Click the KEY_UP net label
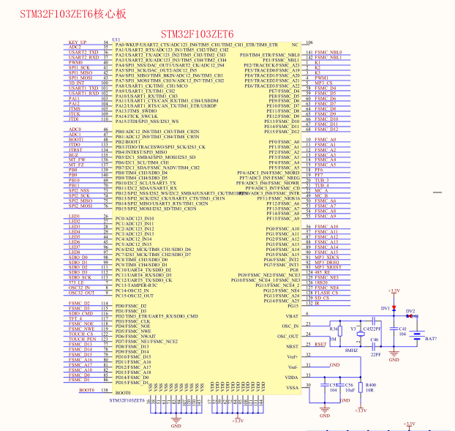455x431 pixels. pyautogui.click(x=78, y=42)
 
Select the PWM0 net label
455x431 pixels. pyautogui.click(x=76, y=62)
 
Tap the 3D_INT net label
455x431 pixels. pyautogui.click(x=77, y=83)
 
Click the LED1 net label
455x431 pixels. pyautogui.click(x=74, y=217)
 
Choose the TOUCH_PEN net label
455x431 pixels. pyautogui.click(x=82, y=340)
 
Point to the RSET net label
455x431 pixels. pyautogui.click(x=320, y=344)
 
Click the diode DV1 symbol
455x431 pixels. pyautogui.click(x=394, y=309)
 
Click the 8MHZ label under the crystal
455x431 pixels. pyautogui.click(x=352, y=351)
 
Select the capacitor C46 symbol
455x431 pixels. pyautogui.click(x=375, y=345)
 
